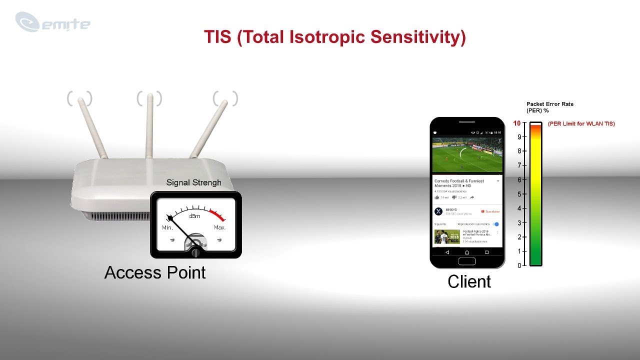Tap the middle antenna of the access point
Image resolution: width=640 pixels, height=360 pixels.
149,125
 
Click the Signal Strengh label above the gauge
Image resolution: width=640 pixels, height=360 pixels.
193,182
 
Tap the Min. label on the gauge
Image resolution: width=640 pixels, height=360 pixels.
167,227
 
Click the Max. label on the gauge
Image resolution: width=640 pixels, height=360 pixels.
220,227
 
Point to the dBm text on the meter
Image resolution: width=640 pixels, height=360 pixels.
194,216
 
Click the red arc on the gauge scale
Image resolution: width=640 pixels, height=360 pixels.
217,215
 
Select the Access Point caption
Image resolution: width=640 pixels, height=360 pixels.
155,272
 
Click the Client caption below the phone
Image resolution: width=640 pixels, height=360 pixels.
469,281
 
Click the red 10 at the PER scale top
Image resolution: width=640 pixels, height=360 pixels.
517,123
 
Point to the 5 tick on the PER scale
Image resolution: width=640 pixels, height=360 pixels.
518,194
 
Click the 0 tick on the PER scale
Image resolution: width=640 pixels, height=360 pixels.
519,265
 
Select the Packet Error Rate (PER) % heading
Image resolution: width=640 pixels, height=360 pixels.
549,107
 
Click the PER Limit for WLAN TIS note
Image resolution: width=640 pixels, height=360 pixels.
581,123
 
